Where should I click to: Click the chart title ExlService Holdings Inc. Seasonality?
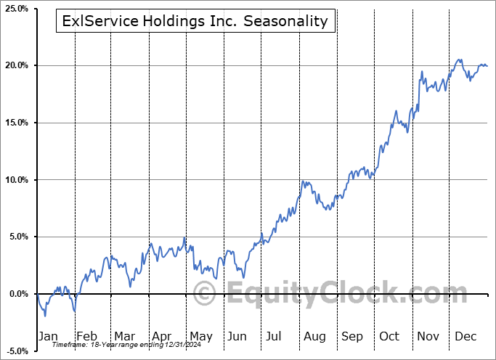tap(195, 22)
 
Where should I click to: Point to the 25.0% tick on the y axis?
tap(15, 9)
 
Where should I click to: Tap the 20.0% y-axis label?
tap(15, 66)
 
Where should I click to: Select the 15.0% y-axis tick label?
tap(15, 123)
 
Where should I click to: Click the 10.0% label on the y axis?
tap(15, 180)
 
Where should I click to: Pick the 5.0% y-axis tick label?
tap(17, 237)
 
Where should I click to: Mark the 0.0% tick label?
tap(17, 294)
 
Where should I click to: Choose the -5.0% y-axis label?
tap(16, 351)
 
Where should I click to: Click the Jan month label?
tap(48, 336)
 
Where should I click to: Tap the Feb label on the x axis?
tap(86, 336)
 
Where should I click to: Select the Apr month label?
tap(161, 336)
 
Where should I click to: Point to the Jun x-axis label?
tap(236, 336)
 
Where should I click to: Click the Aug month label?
tap(314, 336)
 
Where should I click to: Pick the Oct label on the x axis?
tap(389, 336)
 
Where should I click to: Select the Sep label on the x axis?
tap(351, 336)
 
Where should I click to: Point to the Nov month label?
tap(428, 336)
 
